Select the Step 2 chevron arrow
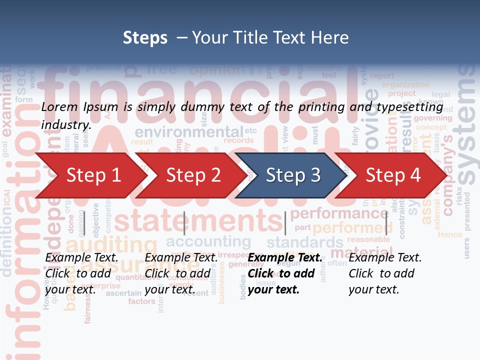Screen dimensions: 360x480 [x=193, y=175]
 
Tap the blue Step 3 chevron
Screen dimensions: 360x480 [x=292, y=175]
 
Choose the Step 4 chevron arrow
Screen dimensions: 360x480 [x=392, y=175]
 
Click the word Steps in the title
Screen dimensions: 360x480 [x=145, y=38]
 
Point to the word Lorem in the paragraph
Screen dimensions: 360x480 [x=57, y=106]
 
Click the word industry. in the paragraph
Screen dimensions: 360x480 [x=66, y=125]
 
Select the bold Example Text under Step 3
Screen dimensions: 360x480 [x=284, y=258]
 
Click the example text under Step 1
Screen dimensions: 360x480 [x=82, y=273]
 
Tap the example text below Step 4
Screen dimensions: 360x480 [x=385, y=273]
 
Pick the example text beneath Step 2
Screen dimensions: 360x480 [x=181, y=273]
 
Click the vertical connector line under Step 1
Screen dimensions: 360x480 [x=84, y=223]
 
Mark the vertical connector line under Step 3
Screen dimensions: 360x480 [x=285, y=223]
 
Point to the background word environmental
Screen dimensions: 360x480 [x=188, y=132]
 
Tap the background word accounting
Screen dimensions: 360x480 [x=208, y=242]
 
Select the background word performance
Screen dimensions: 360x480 [x=338, y=214]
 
